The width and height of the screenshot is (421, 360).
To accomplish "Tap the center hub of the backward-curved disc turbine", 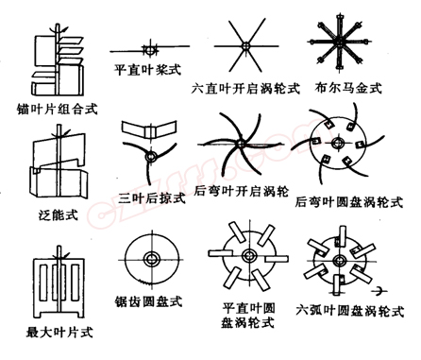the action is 345,147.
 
